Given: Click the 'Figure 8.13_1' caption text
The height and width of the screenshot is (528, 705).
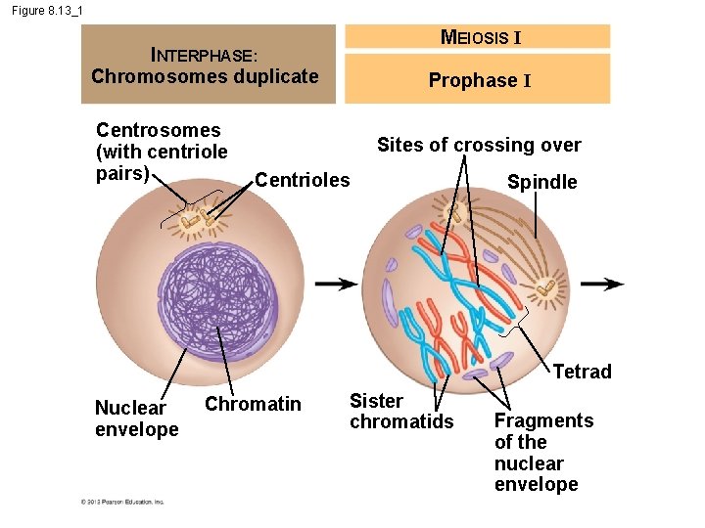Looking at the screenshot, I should pyautogui.click(x=48, y=10).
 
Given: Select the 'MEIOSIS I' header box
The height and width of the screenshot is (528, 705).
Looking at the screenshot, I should pyautogui.click(x=480, y=37).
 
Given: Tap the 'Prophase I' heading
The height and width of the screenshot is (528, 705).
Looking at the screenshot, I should pyautogui.click(x=480, y=80).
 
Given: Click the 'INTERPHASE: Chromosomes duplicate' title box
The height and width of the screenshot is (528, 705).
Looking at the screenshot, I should pyautogui.click(x=207, y=65).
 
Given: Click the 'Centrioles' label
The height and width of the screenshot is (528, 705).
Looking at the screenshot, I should pyautogui.click(x=302, y=179).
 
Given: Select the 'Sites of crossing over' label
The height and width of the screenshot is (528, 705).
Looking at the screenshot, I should pyautogui.click(x=479, y=145).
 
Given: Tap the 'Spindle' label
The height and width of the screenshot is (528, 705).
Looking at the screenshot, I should pyautogui.click(x=541, y=182).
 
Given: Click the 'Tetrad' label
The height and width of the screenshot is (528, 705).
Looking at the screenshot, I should pyautogui.click(x=582, y=372).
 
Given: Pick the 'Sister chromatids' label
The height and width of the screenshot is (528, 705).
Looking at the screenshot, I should pyautogui.click(x=401, y=411).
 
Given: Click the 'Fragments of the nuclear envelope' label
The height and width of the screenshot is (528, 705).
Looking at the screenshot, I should pyautogui.click(x=542, y=452).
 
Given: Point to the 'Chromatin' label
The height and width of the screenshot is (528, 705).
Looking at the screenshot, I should pyautogui.click(x=253, y=404).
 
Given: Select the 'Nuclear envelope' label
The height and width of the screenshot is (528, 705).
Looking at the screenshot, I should pyautogui.click(x=136, y=418).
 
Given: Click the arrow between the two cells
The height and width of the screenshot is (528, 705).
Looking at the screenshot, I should pyautogui.click(x=336, y=284).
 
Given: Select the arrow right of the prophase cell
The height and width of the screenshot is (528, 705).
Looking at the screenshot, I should pyautogui.click(x=601, y=284).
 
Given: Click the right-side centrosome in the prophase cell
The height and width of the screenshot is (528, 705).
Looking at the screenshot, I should pyautogui.click(x=545, y=287).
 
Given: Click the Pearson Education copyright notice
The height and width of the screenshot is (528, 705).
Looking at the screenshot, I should pyautogui.click(x=122, y=502).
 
